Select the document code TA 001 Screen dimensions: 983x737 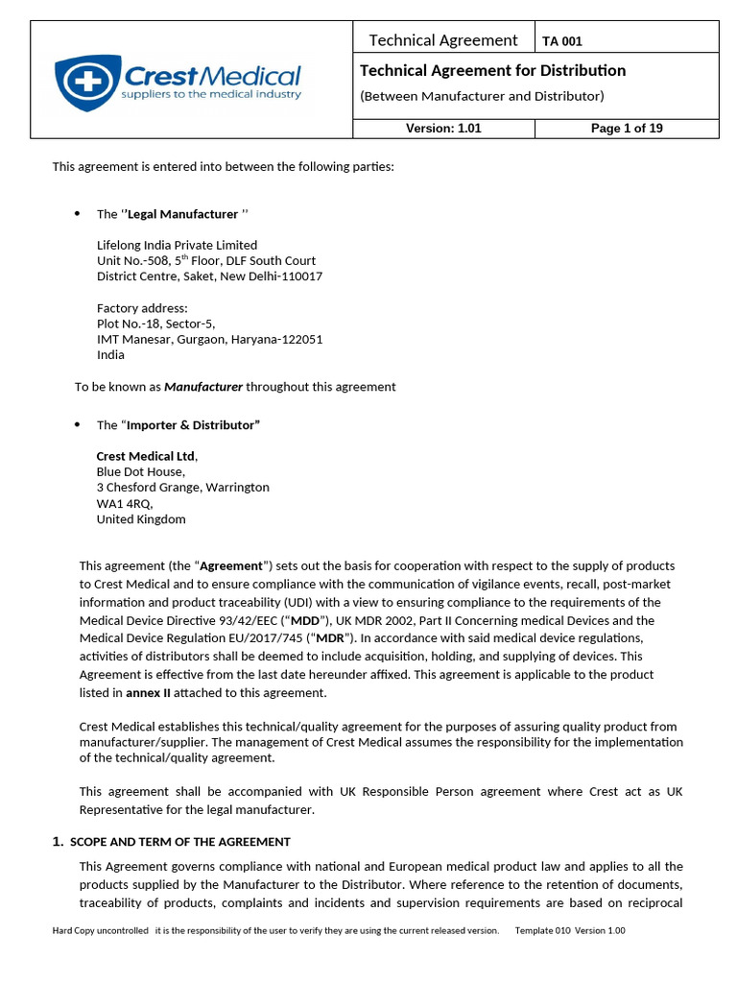[562, 41]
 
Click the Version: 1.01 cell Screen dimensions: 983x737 [443, 129]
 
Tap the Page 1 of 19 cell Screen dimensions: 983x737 [627, 129]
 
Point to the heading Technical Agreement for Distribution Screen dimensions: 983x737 [492, 70]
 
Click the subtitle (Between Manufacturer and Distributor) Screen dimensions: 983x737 [482, 96]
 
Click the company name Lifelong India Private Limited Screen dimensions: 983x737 [177, 245]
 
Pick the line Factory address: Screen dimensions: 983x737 [142, 308]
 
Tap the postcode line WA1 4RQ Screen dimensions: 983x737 [124, 503]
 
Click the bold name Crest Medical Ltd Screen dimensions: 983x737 [146, 456]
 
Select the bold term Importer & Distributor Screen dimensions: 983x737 [193, 425]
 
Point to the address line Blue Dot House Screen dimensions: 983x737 [140, 471]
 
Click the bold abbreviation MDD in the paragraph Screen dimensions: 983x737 [306, 619]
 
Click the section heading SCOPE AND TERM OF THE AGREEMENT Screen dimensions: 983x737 [180, 842]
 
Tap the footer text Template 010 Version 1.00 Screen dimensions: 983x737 [570, 930]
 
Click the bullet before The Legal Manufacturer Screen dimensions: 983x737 [77, 214]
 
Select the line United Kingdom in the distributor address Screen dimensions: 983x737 [141, 519]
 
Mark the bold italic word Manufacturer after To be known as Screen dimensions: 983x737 [203, 387]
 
